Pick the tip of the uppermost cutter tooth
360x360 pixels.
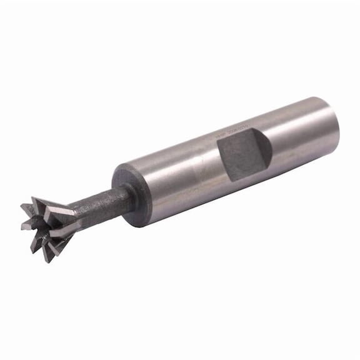tap(34, 199)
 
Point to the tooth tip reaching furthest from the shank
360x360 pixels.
tap(22, 206)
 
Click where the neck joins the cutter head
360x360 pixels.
tap(74, 216)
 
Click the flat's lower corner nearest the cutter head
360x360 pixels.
tap(232, 181)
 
